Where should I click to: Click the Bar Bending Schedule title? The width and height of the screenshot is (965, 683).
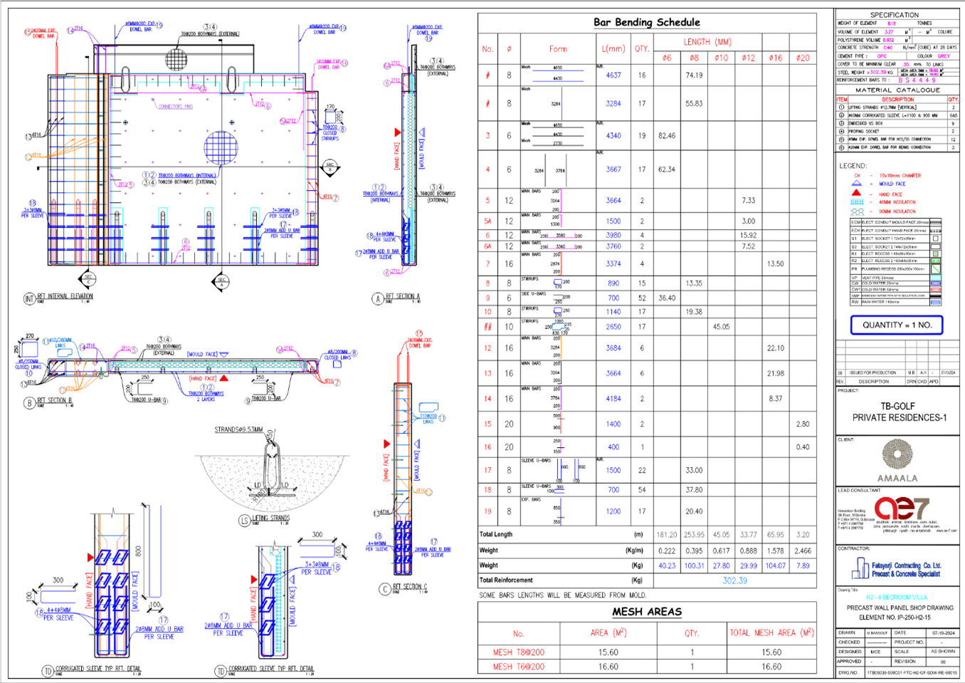(646, 22)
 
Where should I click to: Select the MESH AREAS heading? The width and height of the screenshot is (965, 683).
(647, 611)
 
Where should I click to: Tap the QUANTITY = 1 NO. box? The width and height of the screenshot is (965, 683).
(897, 325)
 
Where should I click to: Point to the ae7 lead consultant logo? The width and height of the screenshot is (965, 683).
(901, 509)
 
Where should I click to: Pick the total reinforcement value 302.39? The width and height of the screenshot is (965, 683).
(734, 580)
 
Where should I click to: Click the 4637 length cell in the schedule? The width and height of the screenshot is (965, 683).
(613, 75)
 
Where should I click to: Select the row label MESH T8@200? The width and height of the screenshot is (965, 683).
(518, 652)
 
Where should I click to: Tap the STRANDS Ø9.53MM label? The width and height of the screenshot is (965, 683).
(238, 430)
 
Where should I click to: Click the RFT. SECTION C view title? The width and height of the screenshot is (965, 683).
(410, 587)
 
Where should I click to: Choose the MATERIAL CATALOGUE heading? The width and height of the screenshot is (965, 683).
(897, 90)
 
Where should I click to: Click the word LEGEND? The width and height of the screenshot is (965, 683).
(853, 166)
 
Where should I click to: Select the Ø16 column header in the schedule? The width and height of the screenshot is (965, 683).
(775, 58)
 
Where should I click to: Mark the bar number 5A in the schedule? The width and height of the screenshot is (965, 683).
(487, 221)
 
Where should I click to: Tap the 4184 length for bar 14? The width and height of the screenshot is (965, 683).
(613, 399)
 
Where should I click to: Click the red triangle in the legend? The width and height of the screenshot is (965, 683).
(856, 193)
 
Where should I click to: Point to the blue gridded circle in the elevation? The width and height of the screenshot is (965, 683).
(221, 148)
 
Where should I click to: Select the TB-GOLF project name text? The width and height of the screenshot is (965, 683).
(897, 406)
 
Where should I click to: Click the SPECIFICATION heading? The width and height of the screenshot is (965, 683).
(894, 15)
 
